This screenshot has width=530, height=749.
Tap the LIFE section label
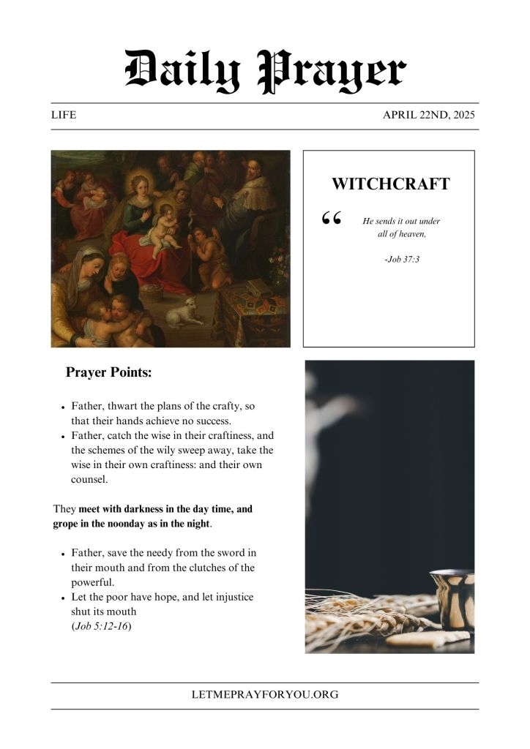coord(64,116)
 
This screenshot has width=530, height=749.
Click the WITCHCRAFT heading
coord(390,184)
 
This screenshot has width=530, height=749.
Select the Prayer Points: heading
coord(109,372)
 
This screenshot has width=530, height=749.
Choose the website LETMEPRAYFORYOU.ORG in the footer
coord(264,695)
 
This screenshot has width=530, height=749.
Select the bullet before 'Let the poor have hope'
coord(64,598)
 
